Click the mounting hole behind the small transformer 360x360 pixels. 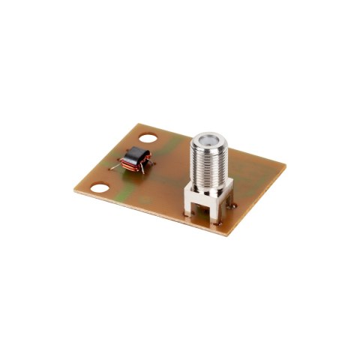(149, 139)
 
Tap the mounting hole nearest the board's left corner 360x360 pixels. (98, 189)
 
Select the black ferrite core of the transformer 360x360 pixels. (136, 155)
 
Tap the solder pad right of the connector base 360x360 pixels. (233, 202)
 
